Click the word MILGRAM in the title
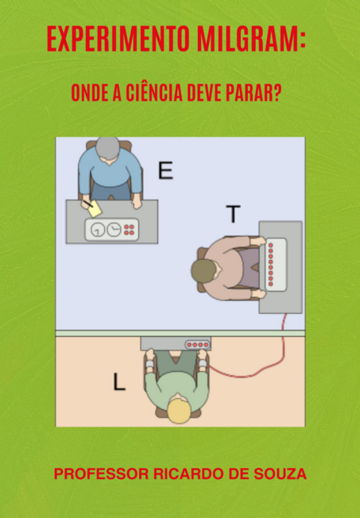click(248, 38)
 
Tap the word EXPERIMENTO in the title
click(118, 38)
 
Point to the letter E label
click(165, 171)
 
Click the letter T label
click(233, 214)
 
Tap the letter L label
click(119, 382)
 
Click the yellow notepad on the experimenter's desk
click(95, 209)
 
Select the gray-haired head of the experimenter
click(108, 148)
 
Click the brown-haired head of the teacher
click(203, 271)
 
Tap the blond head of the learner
click(179, 411)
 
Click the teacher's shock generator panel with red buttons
click(276, 265)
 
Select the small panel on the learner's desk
click(198, 345)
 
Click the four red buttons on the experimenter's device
click(129, 230)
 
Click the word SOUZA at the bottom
click(280, 474)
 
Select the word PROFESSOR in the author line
click(102, 474)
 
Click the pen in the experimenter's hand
click(87, 204)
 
